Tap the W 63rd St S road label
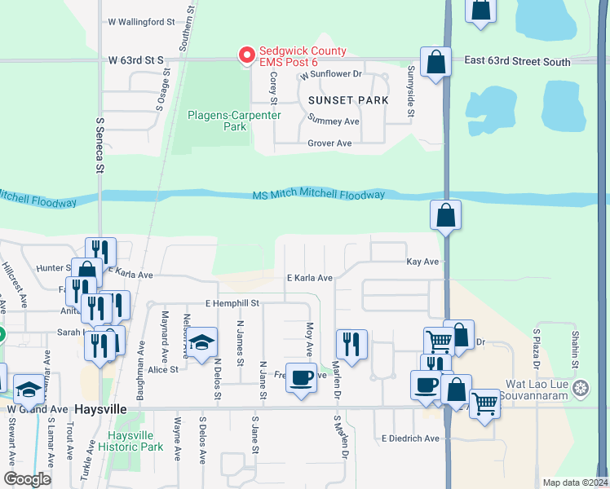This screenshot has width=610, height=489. (135, 59)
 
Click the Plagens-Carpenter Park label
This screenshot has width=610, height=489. (235, 121)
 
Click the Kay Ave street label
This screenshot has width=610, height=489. (423, 262)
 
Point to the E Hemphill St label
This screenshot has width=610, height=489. (232, 303)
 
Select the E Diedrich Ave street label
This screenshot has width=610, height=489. (410, 438)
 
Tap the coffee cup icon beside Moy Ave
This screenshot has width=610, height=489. (302, 377)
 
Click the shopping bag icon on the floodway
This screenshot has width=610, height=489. (446, 215)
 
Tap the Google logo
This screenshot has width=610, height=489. (27, 479)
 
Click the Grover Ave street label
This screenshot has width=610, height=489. (329, 143)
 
